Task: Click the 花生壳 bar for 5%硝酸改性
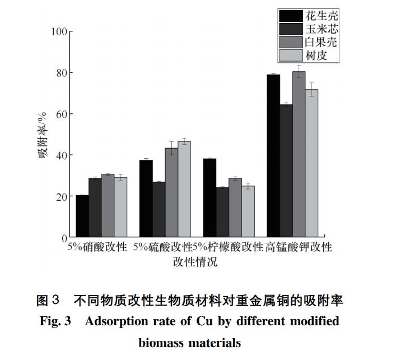82,216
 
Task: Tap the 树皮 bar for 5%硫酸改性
184,189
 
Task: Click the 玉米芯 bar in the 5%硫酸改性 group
159,209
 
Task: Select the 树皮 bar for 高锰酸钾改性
311,163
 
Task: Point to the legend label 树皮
316,56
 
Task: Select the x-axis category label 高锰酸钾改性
299,247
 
